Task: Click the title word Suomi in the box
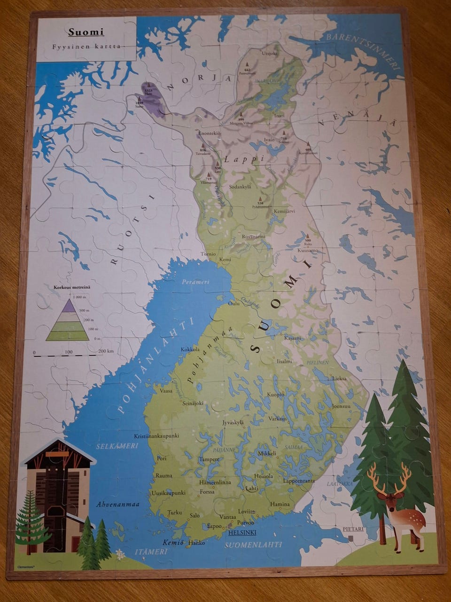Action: (x=86, y=32)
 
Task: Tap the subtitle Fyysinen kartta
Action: (x=86, y=47)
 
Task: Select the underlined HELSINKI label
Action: (x=242, y=532)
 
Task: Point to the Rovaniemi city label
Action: (x=254, y=236)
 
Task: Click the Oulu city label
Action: (x=233, y=304)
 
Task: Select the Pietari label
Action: (x=353, y=529)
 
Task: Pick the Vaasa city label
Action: (x=166, y=390)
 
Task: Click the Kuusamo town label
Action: (x=308, y=250)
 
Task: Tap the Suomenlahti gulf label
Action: (x=254, y=545)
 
